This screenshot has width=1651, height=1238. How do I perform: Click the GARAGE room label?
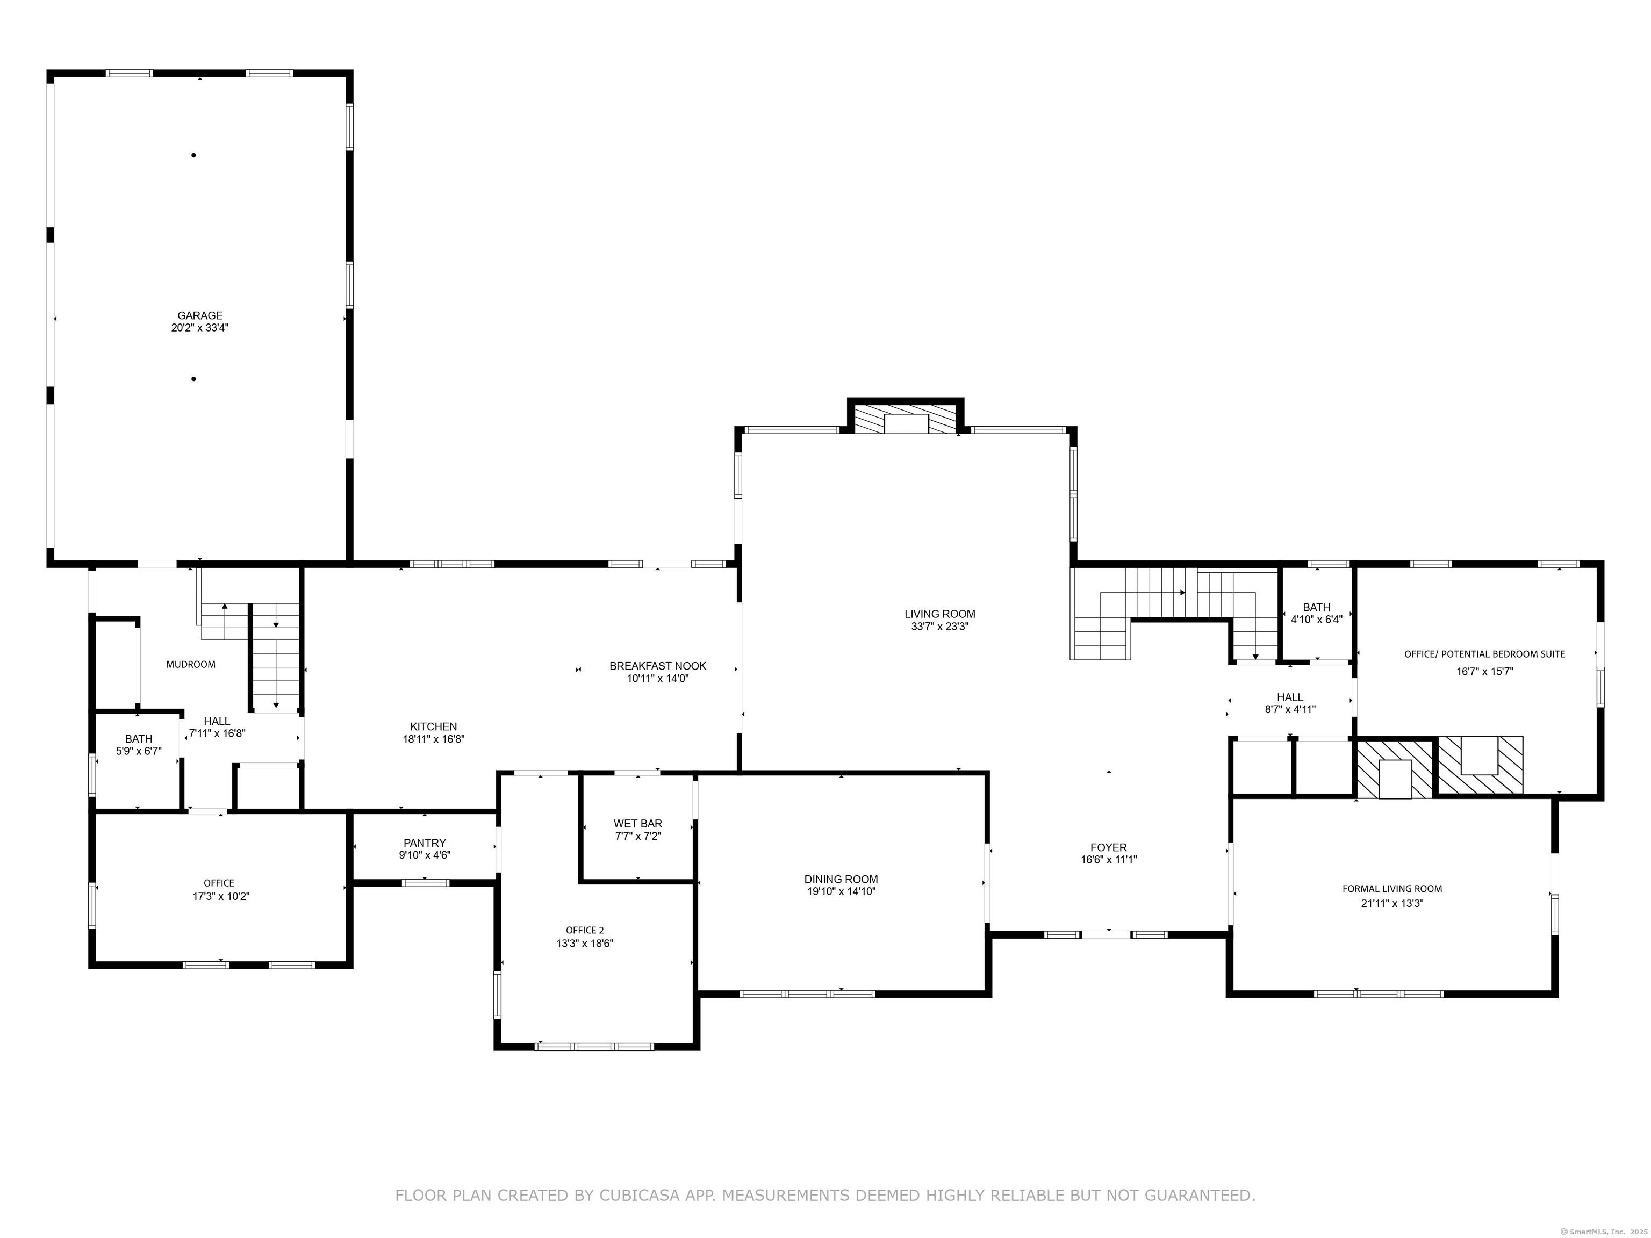click(199, 315)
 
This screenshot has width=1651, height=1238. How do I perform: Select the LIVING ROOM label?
click(939, 614)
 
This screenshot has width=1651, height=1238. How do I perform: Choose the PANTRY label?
click(424, 843)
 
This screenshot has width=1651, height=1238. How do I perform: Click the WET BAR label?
click(637, 824)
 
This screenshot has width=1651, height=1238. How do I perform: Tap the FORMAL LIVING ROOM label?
click(1392, 889)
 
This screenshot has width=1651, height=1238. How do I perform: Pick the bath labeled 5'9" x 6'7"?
click(138, 745)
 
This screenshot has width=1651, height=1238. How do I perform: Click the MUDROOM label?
click(190, 664)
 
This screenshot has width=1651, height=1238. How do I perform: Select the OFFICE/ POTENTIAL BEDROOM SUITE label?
click(1484, 654)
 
